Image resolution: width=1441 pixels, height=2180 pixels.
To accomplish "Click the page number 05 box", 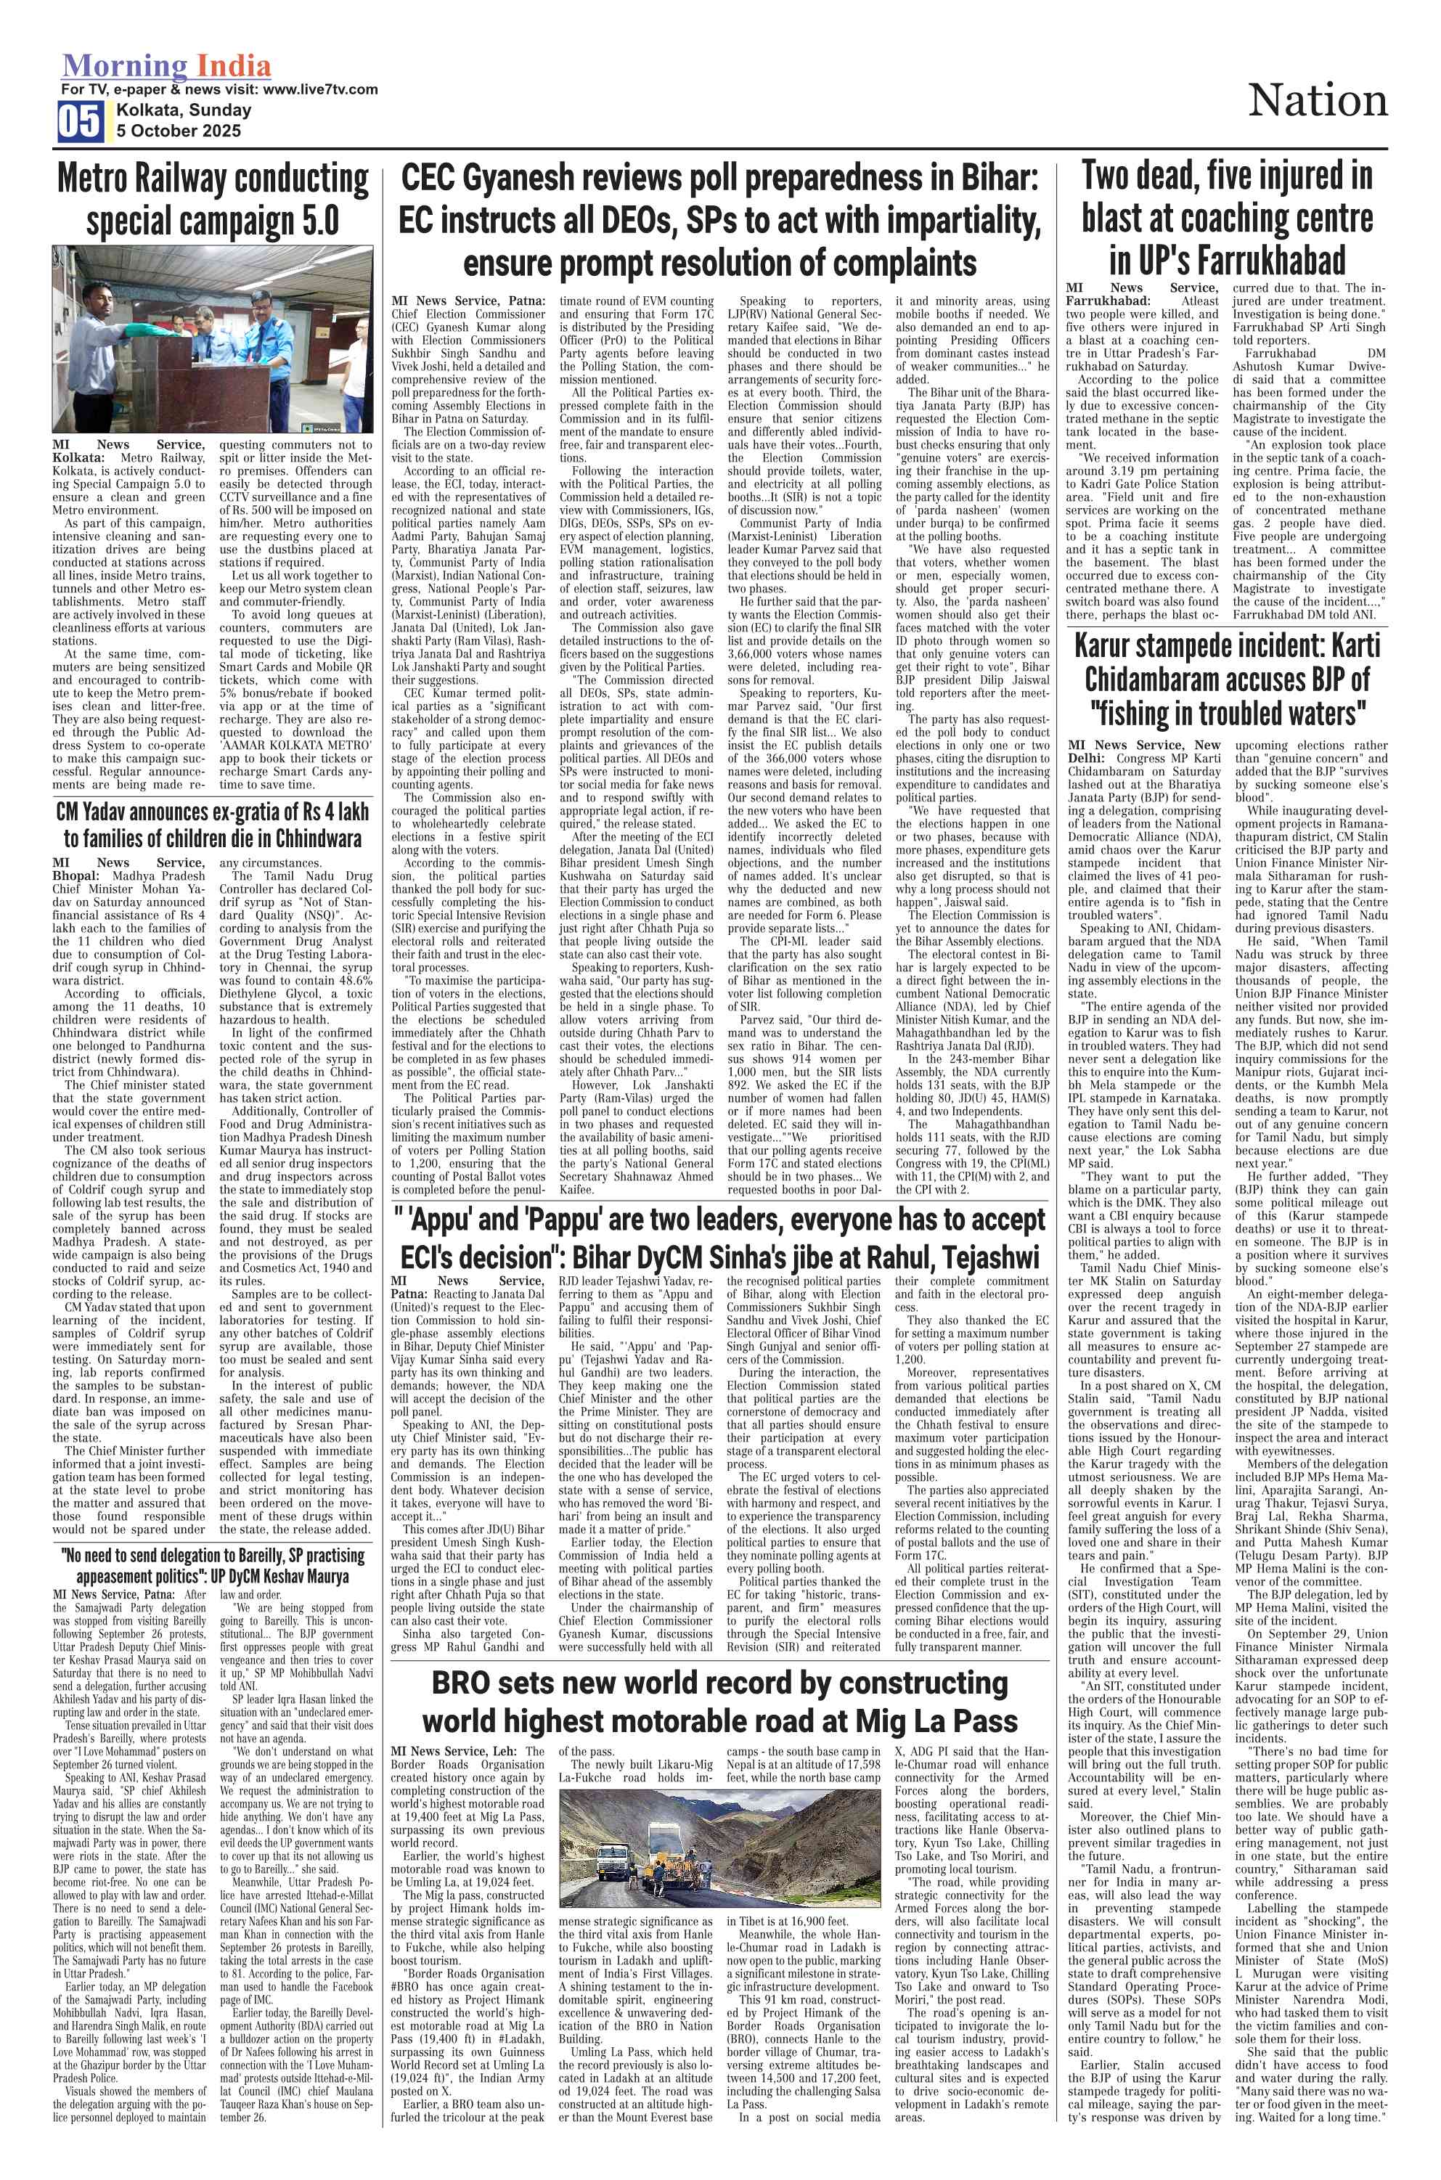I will coord(81,121).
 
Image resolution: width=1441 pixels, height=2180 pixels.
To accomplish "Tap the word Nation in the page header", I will coord(1317,101).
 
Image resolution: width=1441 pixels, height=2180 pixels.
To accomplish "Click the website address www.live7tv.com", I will coord(320,89).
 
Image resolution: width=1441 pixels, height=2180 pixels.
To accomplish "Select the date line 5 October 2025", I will coord(179,131).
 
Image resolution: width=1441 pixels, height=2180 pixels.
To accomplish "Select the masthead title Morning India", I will coord(166,66).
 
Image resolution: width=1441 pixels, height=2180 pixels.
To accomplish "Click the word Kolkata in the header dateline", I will coord(148,110).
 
